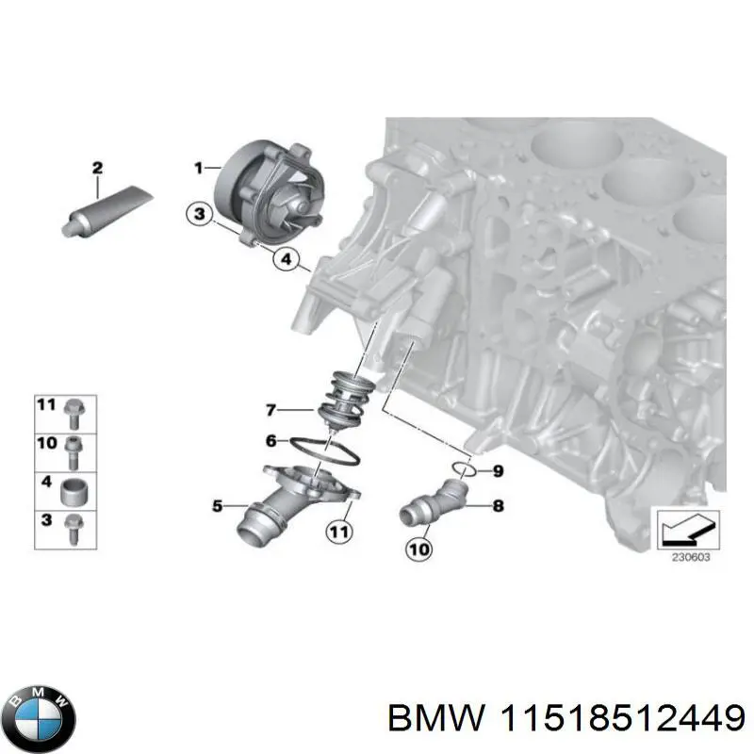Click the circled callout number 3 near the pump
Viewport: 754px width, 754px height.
point(198,215)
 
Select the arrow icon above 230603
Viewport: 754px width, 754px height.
point(686,529)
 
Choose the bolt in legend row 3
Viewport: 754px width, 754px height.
point(74,528)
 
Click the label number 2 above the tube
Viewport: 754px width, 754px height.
point(97,168)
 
